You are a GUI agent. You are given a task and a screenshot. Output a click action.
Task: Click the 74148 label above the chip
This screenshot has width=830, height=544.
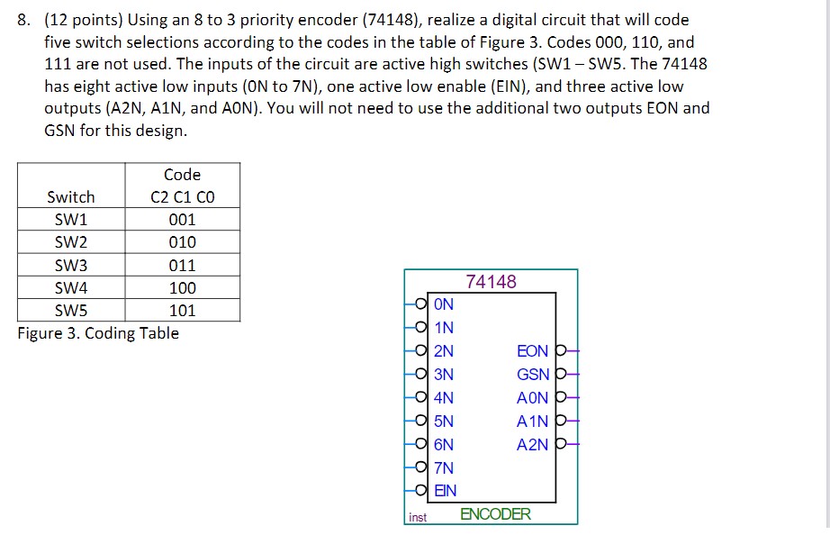point(492,282)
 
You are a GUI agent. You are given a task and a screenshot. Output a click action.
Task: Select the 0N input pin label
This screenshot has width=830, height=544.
point(444,304)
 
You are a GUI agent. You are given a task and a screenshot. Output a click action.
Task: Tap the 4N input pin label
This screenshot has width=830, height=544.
point(444,398)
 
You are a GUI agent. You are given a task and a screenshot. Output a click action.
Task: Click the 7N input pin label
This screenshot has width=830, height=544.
point(444,467)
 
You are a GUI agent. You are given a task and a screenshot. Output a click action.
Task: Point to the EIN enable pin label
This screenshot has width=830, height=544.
point(446,491)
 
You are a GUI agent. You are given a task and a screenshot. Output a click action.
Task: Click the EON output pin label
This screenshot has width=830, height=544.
point(533,351)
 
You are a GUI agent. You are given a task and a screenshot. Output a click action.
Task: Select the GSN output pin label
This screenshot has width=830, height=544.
point(533,375)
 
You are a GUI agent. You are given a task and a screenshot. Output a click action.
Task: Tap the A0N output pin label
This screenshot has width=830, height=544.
point(533,398)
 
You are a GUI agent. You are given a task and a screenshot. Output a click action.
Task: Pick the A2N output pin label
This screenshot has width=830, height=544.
point(533,445)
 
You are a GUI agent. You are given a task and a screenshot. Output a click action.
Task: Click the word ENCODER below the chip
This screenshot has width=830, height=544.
point(495,514)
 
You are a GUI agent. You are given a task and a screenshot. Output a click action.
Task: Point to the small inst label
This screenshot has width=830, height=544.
point(418,517)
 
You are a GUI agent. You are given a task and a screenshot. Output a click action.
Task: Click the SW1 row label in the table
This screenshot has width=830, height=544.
point(71,219)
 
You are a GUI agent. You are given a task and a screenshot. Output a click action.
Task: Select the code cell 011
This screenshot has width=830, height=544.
point(182,266)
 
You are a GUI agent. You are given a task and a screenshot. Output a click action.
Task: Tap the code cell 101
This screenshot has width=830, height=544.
point(182,311)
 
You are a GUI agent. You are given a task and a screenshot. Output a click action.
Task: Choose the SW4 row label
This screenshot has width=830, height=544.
point(71,288)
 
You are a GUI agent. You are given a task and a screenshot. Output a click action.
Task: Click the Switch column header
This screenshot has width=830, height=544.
point(71,197)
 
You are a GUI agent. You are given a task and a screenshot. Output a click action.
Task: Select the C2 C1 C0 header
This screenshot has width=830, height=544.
point(182,197)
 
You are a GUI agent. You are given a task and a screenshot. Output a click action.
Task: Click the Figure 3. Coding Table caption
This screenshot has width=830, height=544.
point(98,333)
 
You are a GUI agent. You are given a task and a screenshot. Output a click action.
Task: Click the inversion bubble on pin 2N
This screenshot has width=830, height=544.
point(421,351)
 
